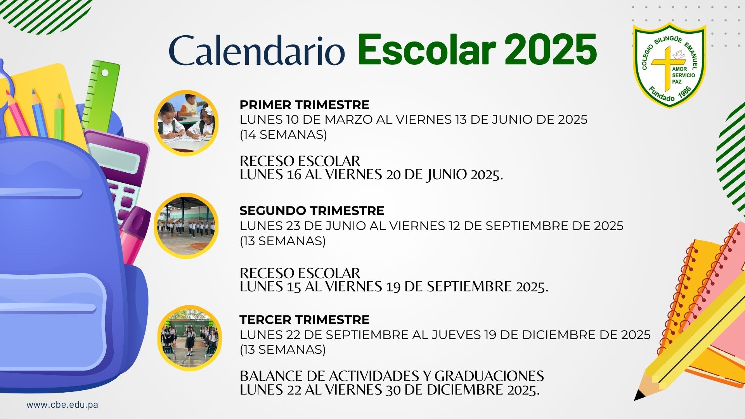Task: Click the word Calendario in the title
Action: [x=257, y=51]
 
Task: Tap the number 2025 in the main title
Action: [x=551, y=50]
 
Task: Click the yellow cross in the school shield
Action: [x=666, y=68]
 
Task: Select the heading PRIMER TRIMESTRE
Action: [x=304, y=105]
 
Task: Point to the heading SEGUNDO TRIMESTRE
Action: [x=312, y=211]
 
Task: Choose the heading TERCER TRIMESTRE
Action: [x=304, y=320]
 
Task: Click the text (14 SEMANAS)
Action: [x=283, y=135]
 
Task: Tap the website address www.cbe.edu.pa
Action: [x=62, y=405]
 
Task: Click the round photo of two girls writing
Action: [x=186, y=123]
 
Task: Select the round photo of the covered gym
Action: [x=186, y=226]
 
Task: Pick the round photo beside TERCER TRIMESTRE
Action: [x=189, y=338]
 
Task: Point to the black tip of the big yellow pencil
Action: [x=638, y=396]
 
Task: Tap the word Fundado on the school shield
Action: [x=661, y=95]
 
